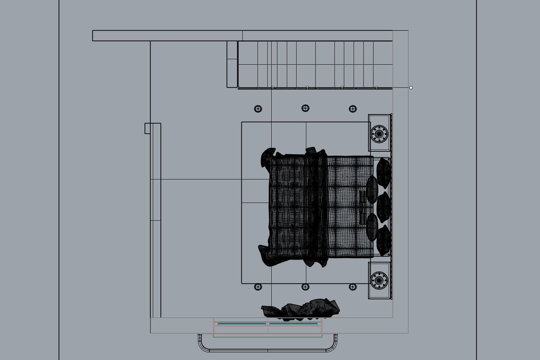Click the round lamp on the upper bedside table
coord(379,133)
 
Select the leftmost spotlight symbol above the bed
coord(258,109)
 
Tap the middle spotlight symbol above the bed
coord(305,108)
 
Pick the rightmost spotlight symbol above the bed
coord(353,109)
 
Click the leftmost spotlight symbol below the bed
coord(258,287)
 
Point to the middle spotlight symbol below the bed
coord(305,287)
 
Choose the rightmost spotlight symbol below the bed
coord(353,287)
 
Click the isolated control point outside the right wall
coord(411,88)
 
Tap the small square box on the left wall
coord(147,128)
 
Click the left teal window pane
coord(241,324)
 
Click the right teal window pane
coord(293,324)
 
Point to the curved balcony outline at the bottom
coord(267,350)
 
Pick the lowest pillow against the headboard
coord(384,239)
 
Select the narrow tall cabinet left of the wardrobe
coord(232,64)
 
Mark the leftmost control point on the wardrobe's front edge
coord(238,88)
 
